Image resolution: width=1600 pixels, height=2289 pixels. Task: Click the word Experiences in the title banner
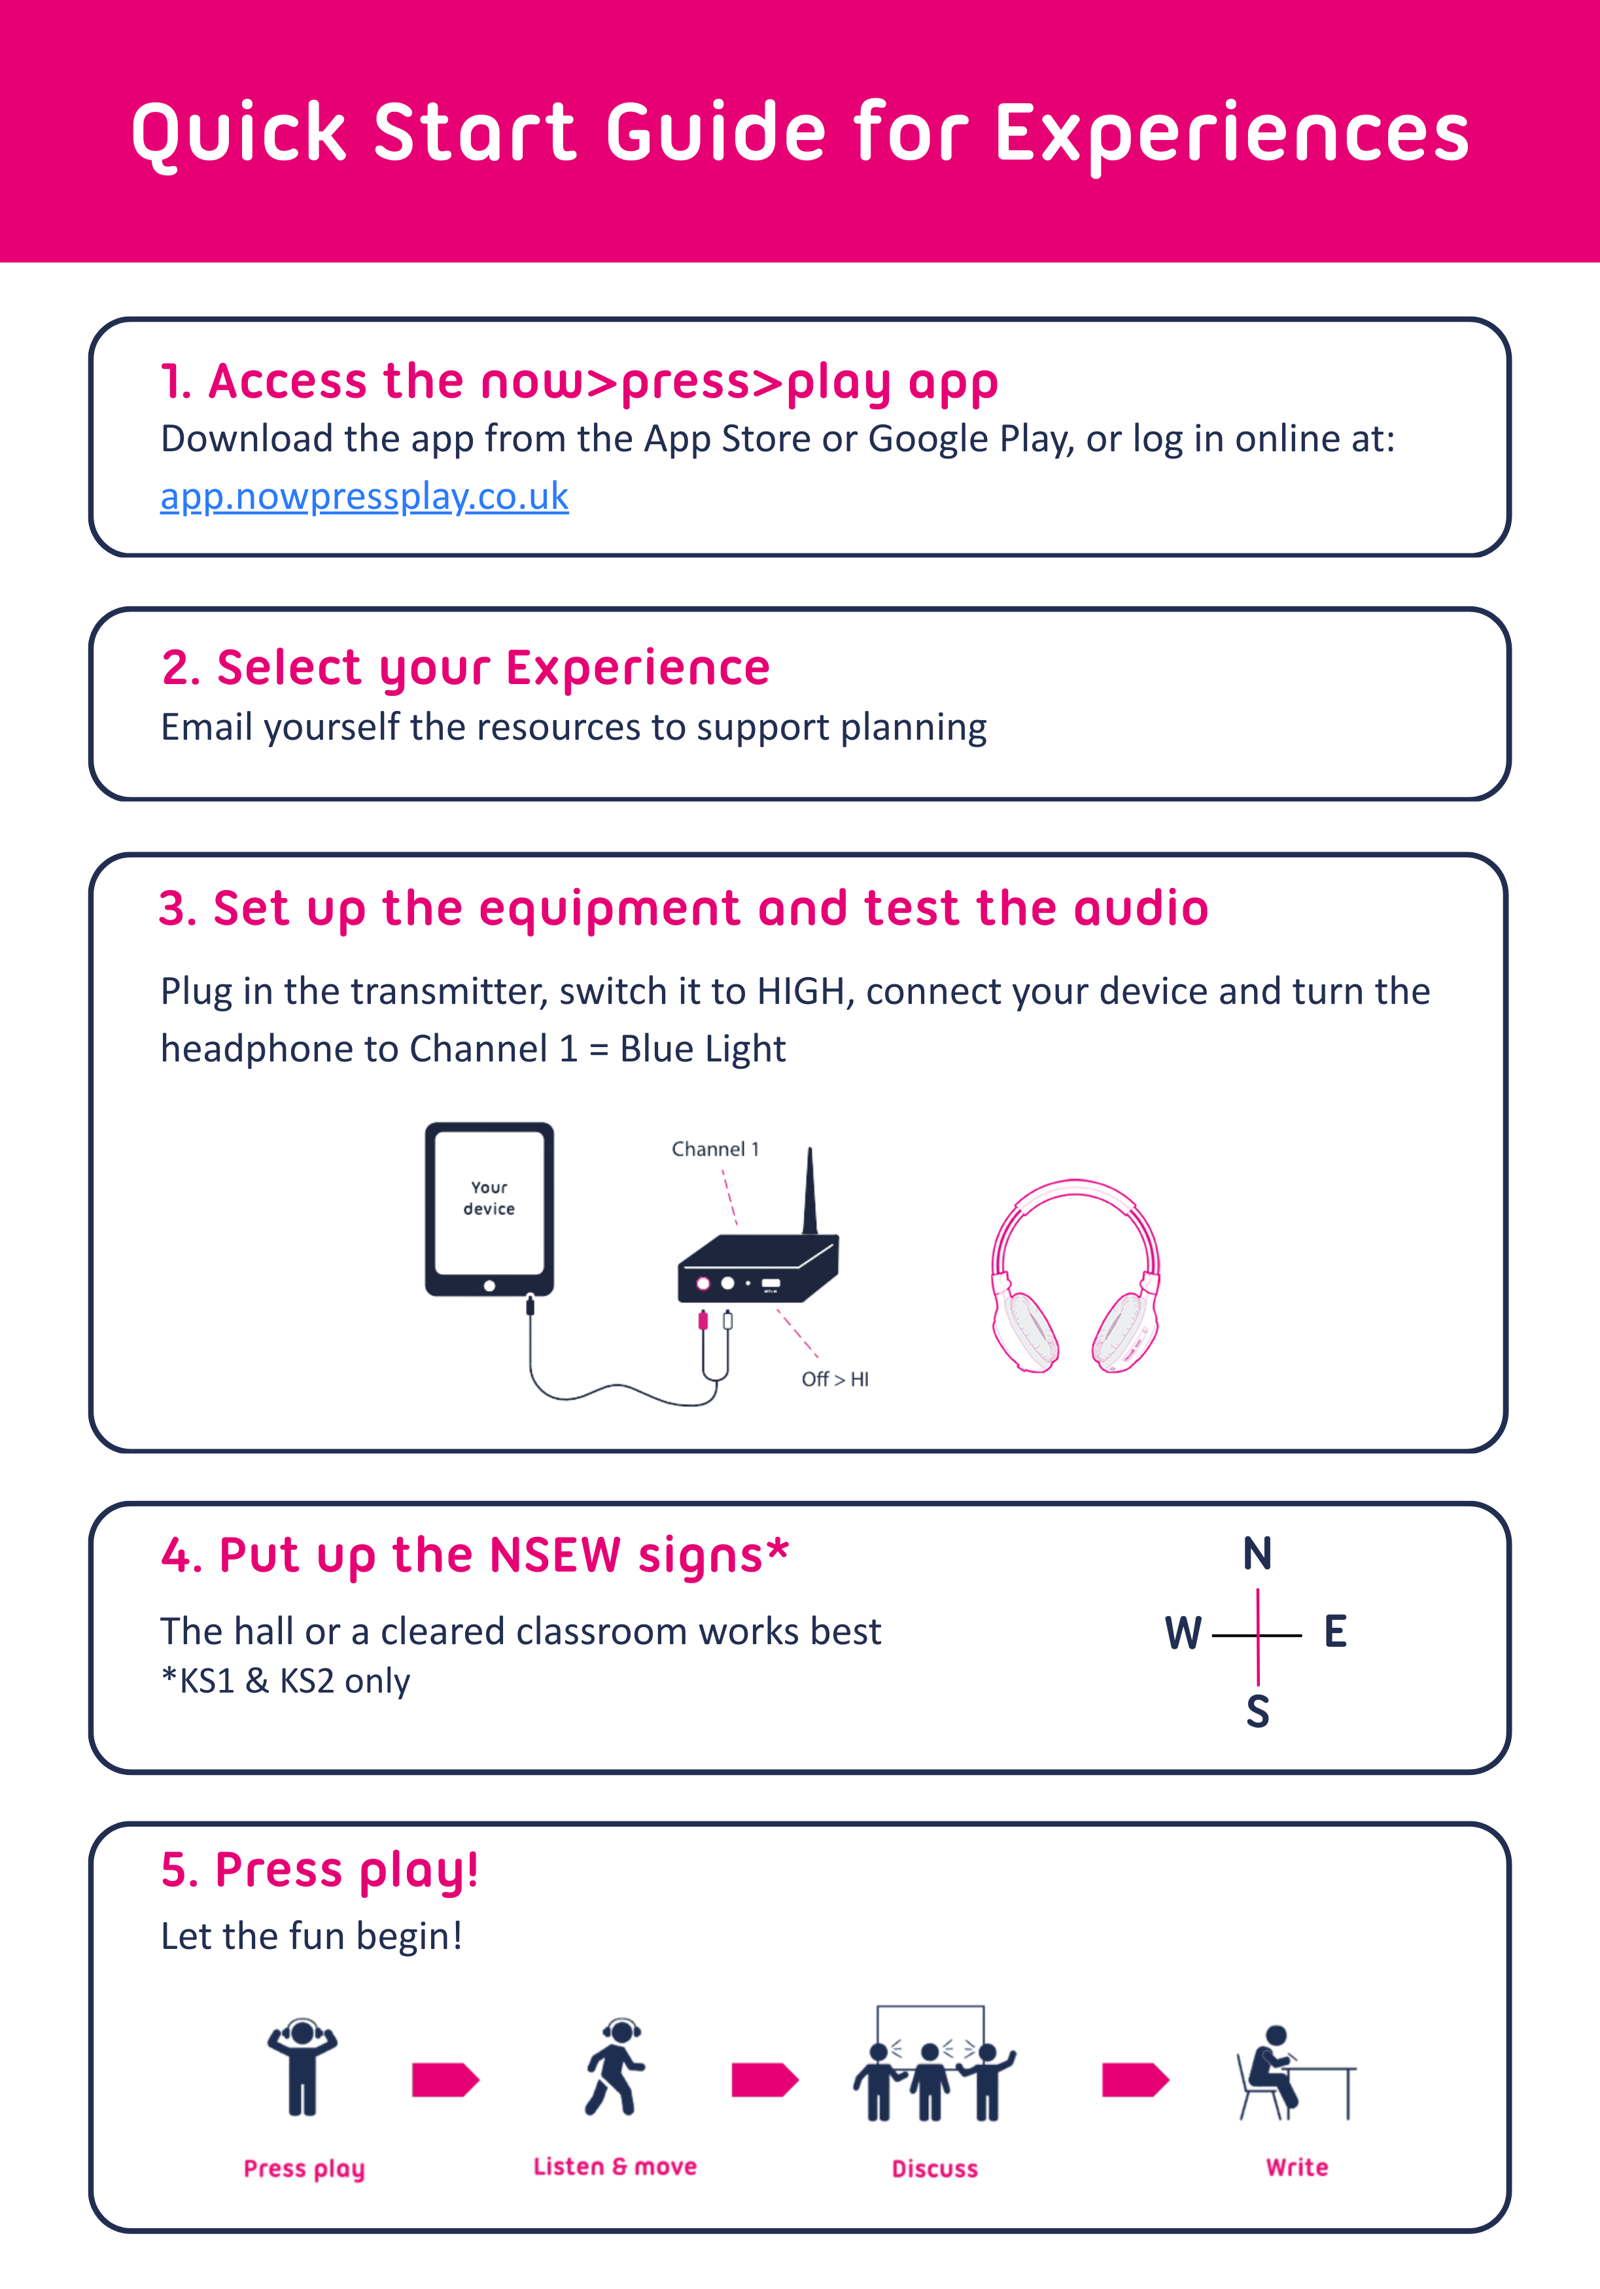(x=1232, y=133)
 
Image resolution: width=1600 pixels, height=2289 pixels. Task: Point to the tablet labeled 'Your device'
(x=489, y=1209)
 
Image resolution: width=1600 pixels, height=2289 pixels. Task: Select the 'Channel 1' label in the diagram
(x=715, y=1148)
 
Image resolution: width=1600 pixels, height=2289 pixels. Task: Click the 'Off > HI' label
(x=835, y=1379)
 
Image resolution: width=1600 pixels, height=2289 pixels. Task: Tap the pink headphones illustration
(x=1075, y=1275)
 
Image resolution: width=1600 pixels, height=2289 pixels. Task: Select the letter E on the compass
(x=1335, y=1631)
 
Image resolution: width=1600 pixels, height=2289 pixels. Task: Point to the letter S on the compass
(x=1257, y=1711)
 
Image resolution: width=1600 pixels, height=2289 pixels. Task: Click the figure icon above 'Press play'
(x=302, y=2068)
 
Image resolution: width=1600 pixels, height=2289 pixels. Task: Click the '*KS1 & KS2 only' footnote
(x=285, y=1681)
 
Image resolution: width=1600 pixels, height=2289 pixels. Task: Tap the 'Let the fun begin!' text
(x=311, y=1936)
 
